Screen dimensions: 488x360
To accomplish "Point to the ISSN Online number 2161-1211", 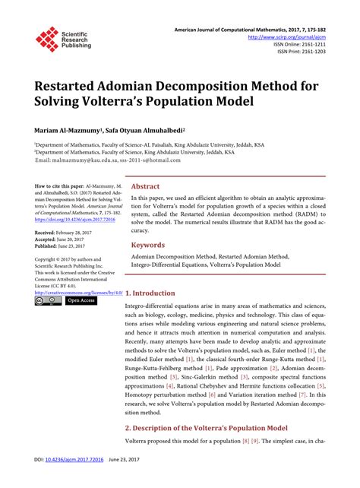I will (305, 43).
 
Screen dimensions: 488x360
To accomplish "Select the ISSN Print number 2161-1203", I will (307, 52).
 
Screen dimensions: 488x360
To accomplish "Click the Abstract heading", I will (145, 186).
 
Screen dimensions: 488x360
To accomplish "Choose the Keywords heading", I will (148, 246).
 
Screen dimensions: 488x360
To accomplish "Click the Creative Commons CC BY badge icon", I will (47, 301).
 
